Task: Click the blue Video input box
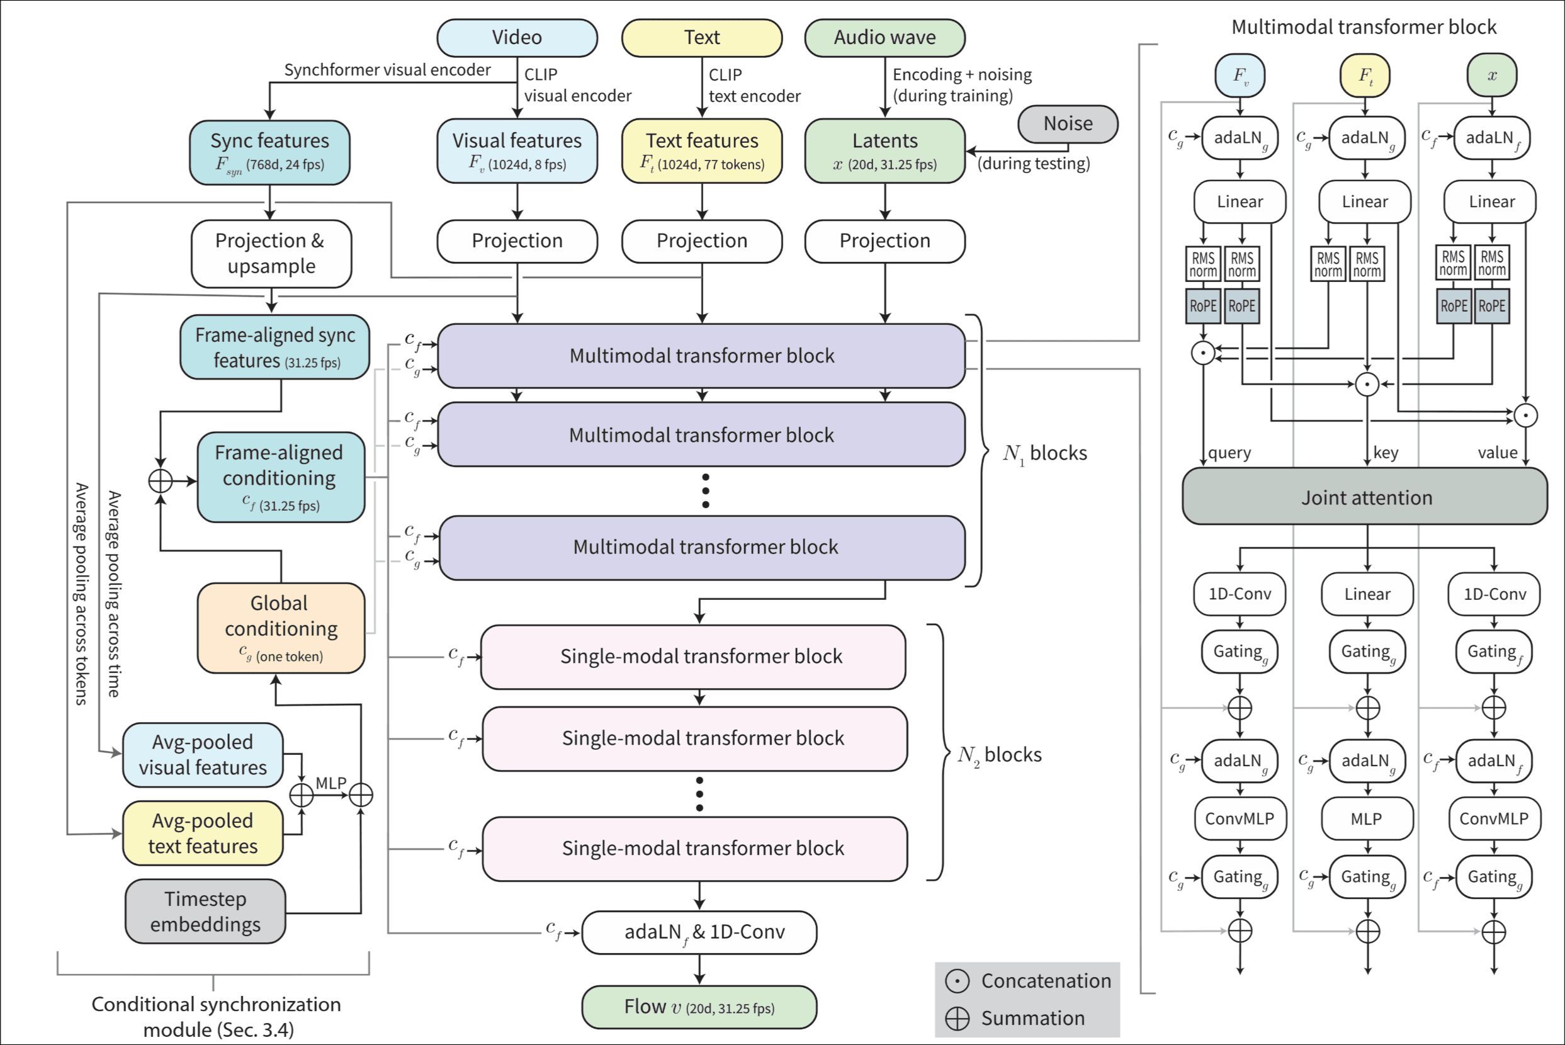[517, 38]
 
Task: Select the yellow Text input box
[701, 38]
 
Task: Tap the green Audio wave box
[884, 38]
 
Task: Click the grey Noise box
[1068, 124]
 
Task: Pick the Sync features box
[269, 152]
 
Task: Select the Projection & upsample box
[271, 253]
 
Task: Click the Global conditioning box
[281, 628]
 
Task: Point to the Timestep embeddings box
[205, 911]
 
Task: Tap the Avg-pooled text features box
[203, 833]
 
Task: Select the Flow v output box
[699, 1007]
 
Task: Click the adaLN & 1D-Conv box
[699, 932]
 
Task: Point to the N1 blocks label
[1044, 454]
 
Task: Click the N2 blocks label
[999, 755]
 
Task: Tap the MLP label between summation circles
[331, 783]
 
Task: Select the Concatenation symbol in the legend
[957, 981]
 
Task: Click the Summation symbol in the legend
[957, 1019]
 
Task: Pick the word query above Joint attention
[1229, 453]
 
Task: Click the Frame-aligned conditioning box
[281, 477]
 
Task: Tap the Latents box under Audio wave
[884, 151]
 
